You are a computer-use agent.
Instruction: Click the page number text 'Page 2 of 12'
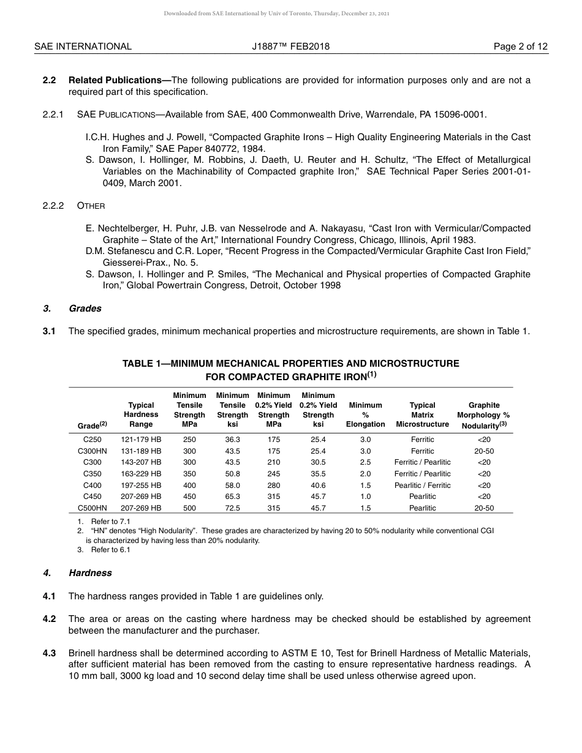coord(521,47)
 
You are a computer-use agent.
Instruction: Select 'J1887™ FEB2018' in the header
coord(290,47)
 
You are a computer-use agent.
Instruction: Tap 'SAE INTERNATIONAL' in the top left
coord(83,47)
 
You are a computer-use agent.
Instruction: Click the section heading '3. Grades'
coord(72,309)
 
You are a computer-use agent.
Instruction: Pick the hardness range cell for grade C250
coord(141,440)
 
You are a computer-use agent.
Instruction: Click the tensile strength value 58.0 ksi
coord(232,485)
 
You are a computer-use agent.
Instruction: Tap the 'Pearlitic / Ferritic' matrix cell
coord(422,485)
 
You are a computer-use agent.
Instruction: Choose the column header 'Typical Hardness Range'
coord(141,414)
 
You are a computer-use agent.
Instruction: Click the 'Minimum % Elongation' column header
coord(365,414)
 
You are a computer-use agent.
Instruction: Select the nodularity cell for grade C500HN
coord(483,508)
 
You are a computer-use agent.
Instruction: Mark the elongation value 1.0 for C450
coord(365,496)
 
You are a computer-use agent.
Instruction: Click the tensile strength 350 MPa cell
coord(189,474)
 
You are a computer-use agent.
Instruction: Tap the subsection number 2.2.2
coord(53,206)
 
